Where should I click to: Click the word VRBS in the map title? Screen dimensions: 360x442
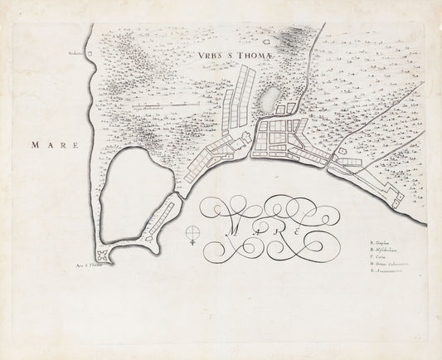click(209, 56)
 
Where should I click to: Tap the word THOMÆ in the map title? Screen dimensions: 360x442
click(247, 56)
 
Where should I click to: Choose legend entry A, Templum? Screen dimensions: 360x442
click(385, 243)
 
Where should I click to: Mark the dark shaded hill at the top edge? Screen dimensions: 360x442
click(291, 37)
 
